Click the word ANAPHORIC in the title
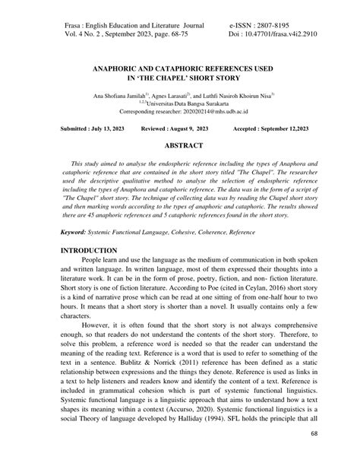(x=121, y=68)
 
